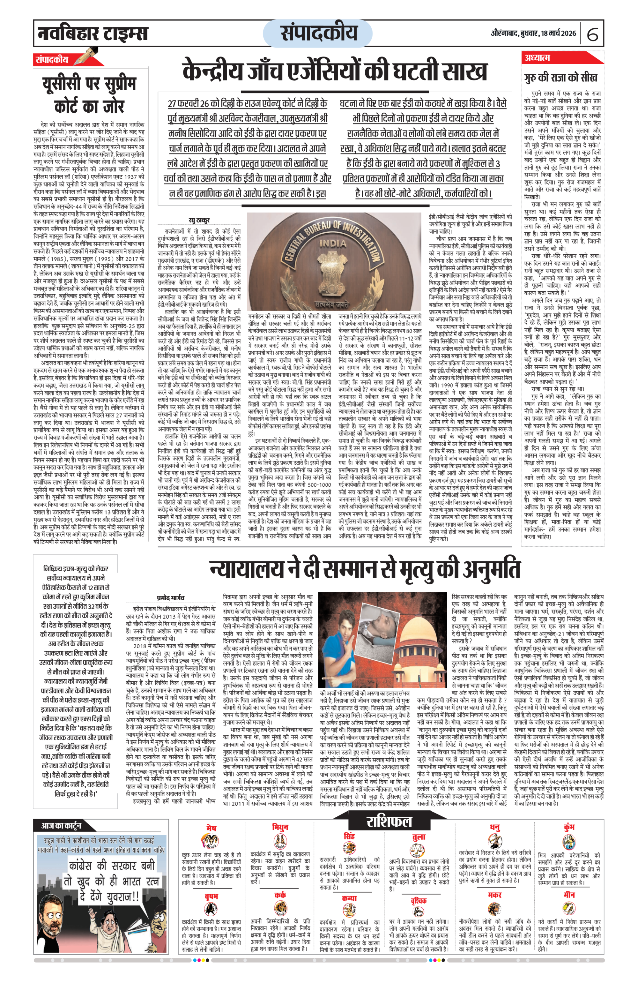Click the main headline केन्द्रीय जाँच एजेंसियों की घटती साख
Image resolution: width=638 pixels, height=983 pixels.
tap(335, 72)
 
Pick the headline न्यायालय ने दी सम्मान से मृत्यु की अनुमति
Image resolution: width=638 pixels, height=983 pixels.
tap(365, 569)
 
